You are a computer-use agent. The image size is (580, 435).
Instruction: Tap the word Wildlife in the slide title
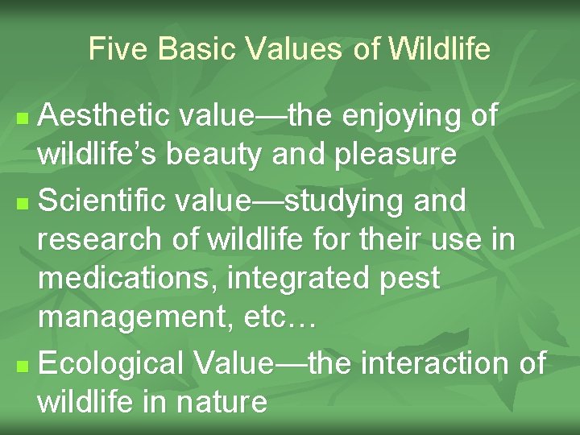tap(439, 50)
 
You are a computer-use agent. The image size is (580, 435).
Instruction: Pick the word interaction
tap(435, 362)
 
